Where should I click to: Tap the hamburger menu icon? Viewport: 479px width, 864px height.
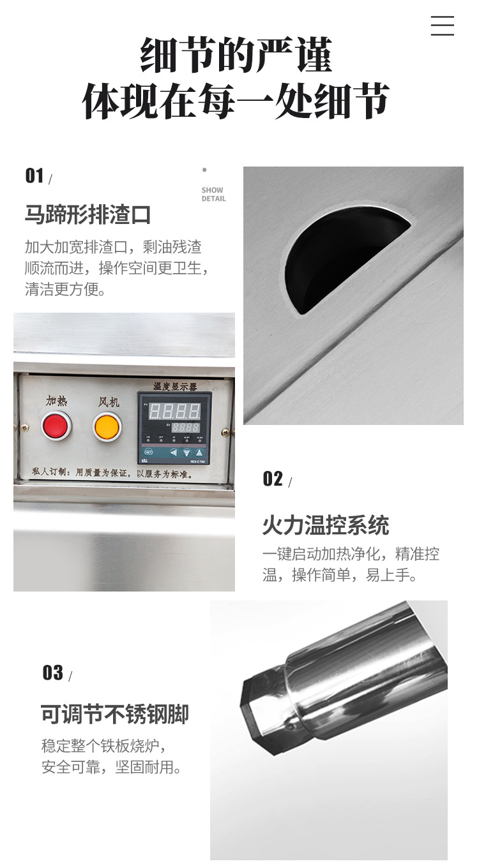pyautogui.click(x=442, y=26)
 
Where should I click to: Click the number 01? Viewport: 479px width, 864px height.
pyautogui.click(x=34, y=176)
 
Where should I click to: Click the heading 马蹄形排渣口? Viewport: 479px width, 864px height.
pyautogui.click(x=87, y=214)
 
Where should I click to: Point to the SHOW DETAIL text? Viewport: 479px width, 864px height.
pyautogui.click(x=213, y=195)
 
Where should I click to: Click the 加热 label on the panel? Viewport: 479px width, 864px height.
pyautogui.click(x=56, y=401)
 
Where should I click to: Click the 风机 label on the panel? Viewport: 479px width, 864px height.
pyautogui.click(x=109, y=402)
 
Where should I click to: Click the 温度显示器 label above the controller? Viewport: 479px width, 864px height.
pyautogui.click(x=174, y=386)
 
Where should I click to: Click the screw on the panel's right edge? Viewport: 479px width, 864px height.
pyautogui.click(x=225, y=432)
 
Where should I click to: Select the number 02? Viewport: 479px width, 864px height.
pyautogui.click(x=273, y=479)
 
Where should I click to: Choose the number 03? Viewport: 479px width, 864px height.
pyautogui.click(x=52, y=673)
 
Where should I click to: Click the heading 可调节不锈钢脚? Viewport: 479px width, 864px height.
pyautogui.click(x=115, y=714)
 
